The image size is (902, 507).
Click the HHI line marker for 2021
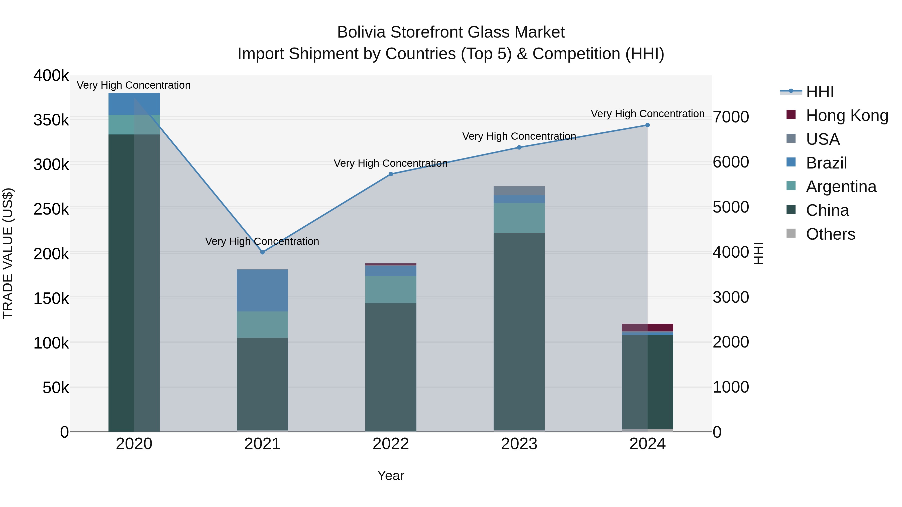263,252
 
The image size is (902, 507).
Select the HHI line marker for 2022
391,174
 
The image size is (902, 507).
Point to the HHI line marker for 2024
647,125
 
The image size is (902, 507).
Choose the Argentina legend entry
841,187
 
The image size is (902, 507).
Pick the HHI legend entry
819,92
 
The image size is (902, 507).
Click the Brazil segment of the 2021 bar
263,290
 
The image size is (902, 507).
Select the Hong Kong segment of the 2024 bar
647,327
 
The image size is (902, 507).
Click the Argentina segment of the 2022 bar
391,289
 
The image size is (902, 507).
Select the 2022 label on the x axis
391,444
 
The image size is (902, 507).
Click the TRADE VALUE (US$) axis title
8,253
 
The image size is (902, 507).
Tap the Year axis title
391,475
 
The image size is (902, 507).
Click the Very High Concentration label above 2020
134,85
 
